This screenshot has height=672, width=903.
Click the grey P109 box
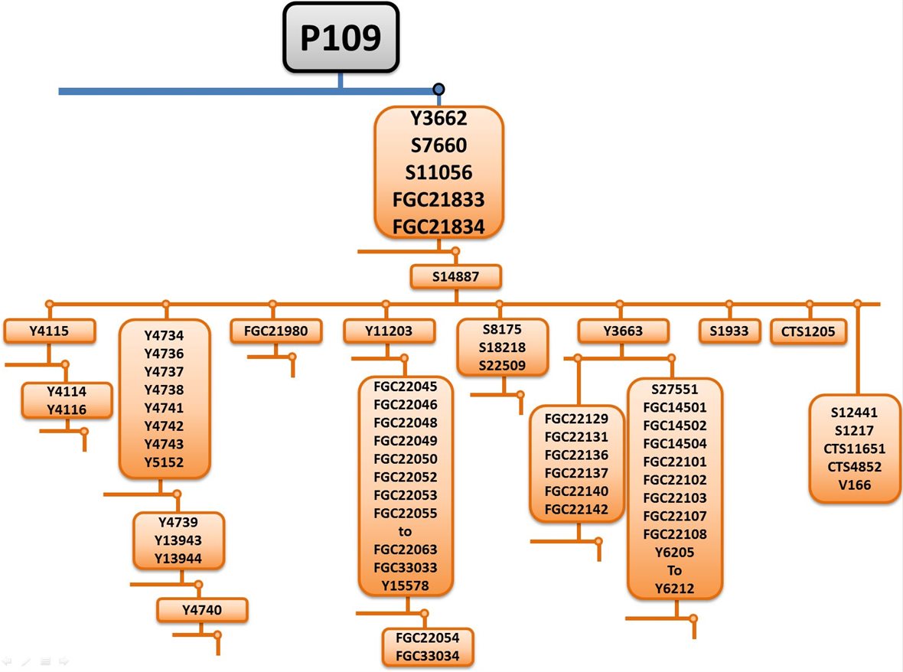pos(341,38)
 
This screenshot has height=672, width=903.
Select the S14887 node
pos(455,277)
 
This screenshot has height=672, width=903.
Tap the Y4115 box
pos(50,331)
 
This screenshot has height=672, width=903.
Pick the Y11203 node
pos(389,331)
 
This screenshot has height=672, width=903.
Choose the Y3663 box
pos(623,331)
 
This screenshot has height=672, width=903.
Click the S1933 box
pos(729,331)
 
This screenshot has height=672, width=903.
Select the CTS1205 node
pos(808,331)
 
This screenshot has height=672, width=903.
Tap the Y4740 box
pos(202,610)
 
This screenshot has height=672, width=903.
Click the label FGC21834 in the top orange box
pos(438,227)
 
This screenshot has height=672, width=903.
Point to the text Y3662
pos(438,119)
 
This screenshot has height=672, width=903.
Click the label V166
pos(854,485)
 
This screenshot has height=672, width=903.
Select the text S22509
pos(502,366)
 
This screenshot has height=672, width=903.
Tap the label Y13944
pos(178,559)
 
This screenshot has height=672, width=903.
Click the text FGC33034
pos(428,655)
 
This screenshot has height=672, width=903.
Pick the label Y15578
pos(406,586)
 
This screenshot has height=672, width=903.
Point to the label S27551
pos(674,390)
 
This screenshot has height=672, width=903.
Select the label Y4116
pos(67,409)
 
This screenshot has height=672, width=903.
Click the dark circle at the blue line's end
pos(438,90)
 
